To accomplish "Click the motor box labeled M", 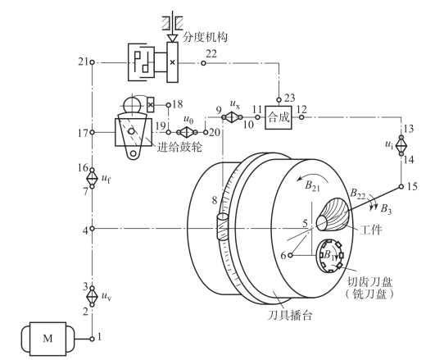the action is pyautogui.click(x=48, y=339).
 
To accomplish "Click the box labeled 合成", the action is pyautogui.click(x=279, y=117).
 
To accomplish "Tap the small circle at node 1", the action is pyautogui.click(x=92, y=339).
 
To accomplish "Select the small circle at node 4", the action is pyautogui.click(x=92, y=228).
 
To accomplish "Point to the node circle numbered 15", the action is pyautogui.click(x=401, y=186).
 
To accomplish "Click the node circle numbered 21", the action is pyautogui.click(x=92, y=63).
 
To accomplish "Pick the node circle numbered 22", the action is pyautogui.click(x=203, y=63).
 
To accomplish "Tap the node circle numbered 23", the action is pyautogui.click(x=279, y=100).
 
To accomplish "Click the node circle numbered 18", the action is pyautogui.click(x=169, y=105).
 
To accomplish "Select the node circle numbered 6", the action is pyautogui.click(x=291, y=255).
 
